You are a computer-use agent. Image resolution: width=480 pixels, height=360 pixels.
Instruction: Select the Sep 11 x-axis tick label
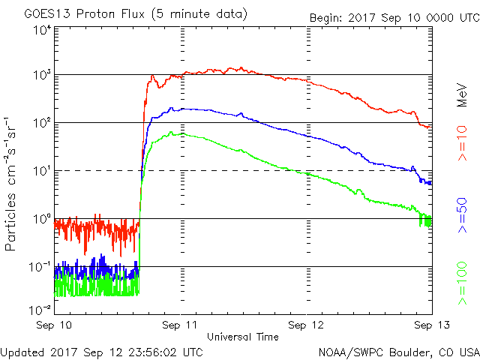tap(181, 325)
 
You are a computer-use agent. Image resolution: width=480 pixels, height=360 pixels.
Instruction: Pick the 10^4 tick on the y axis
tap(42, 31)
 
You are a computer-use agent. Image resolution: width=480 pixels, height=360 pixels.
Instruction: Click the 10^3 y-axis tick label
tap(42, 76)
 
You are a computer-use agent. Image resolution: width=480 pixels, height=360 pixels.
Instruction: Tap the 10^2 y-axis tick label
tap(42, 124)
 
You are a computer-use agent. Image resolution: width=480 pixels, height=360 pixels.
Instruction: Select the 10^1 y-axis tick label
tap(42, 172)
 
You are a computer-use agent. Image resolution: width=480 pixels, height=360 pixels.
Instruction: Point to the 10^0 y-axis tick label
tap(42, 220)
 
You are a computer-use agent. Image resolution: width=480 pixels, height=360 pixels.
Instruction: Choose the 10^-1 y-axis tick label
tap(40, 268)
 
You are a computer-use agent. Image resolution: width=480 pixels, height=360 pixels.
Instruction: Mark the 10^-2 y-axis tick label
tap(40, 308)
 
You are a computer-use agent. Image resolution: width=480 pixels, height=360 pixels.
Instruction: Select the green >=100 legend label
tap(463, 286)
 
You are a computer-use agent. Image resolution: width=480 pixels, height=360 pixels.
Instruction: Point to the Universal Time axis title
tap(242, 337)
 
